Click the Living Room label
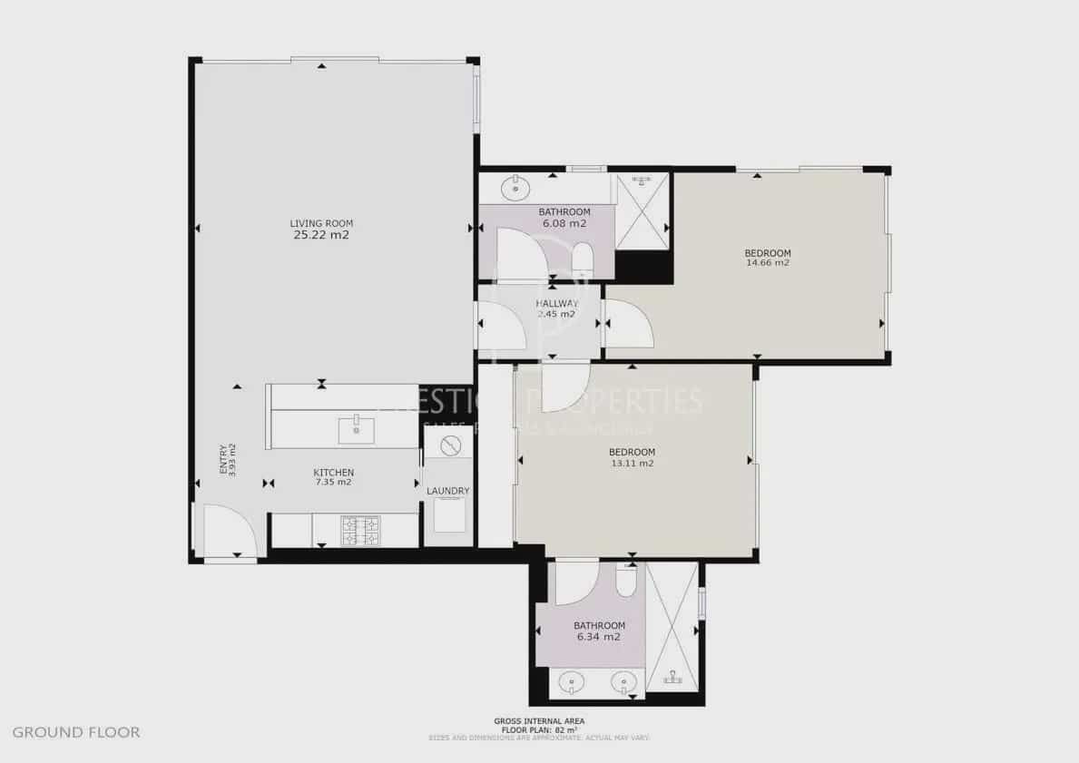(321, 223)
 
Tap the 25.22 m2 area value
(321, 235)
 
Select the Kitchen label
(333, 473)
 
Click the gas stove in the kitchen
(360, 531)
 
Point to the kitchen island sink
(357, 429)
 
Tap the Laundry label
(447, 492)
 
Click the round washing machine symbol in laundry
(448, 445)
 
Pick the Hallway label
(556, 303)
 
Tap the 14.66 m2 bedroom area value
(767, 263)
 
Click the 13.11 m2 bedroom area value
(632, 463)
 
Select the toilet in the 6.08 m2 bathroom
(583, 259)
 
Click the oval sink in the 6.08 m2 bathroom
(515, 190)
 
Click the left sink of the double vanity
(571, 681)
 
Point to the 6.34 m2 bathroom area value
(598, 637)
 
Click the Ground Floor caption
(76, 732)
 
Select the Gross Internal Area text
(539, 721)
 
